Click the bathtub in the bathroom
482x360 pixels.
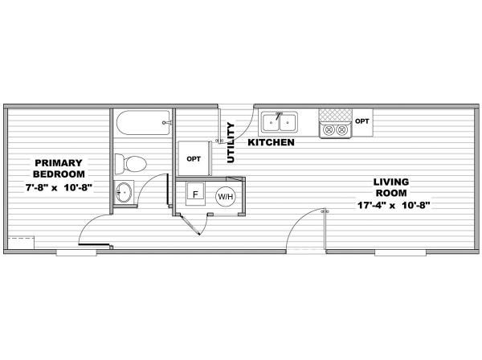[144, 123]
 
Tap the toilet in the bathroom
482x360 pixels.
[131, 164]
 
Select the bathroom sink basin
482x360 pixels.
[124, 192]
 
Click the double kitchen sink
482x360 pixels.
[279, 122]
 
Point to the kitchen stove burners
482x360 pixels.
[335, 129]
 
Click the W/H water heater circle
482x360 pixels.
[226, 196]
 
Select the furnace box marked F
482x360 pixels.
[195, 194]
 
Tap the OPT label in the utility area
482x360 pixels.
[194, 159]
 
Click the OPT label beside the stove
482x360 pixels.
[361, 121]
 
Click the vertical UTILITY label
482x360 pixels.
[231, 143]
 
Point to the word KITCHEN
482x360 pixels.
[272, 142]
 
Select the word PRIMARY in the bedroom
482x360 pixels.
[59, 162]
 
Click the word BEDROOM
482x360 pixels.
[59, 174]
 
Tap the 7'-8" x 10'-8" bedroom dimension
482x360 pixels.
[59, 187]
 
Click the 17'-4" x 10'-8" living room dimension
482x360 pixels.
[394, 205]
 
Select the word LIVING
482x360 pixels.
[391, 182]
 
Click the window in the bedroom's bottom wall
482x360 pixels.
[76, 252]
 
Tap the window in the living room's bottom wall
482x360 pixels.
[400, 252]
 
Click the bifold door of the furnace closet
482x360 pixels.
[191, 225]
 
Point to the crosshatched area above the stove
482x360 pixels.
[335, 115]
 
